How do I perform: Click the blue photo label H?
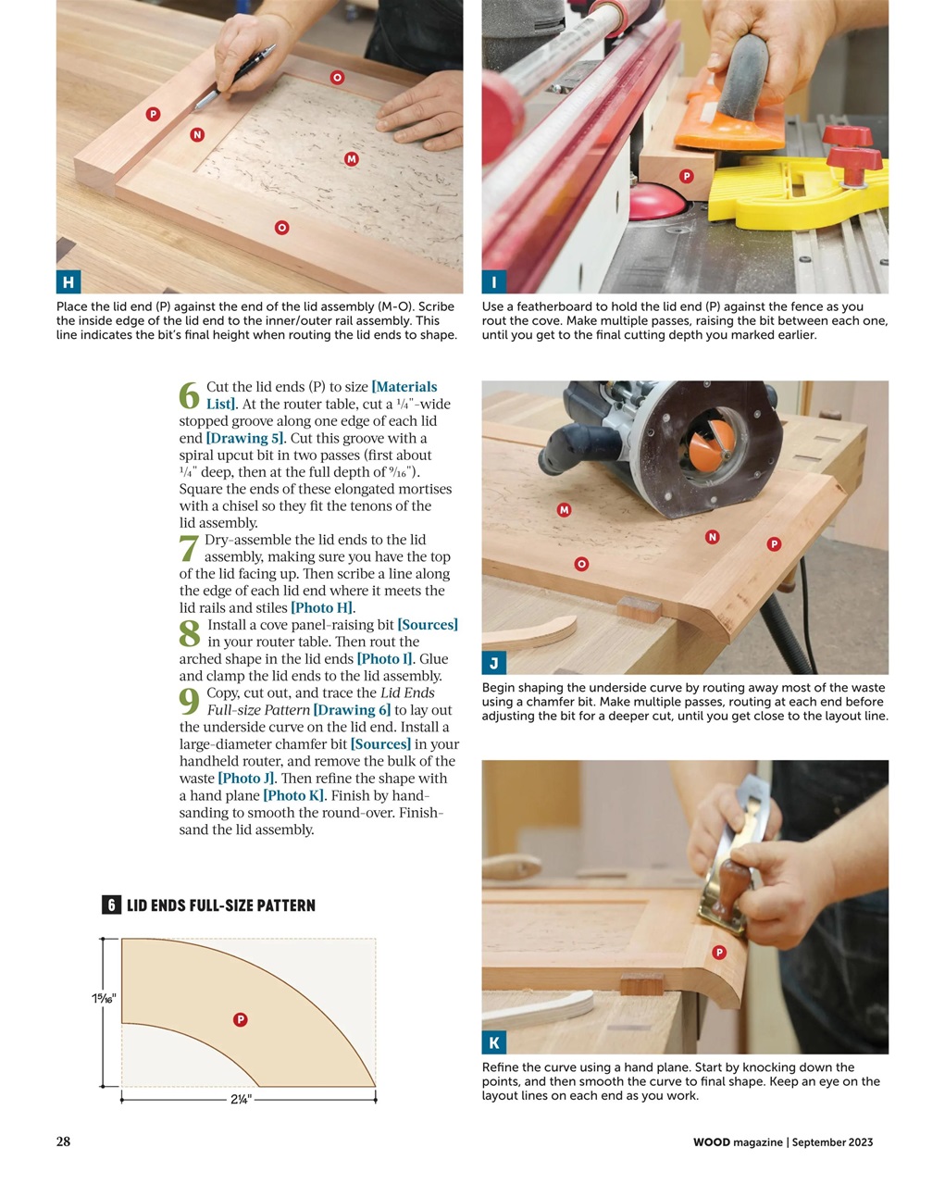68,282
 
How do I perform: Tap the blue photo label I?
494,282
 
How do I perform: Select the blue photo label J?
494,663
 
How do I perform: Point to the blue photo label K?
494,1042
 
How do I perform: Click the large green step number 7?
189,549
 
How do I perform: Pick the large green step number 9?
189,702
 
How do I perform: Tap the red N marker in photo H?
197,135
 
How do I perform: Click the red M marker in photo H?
352,159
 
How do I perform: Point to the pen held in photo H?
237,75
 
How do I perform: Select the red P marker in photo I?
687,176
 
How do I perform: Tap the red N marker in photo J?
712,537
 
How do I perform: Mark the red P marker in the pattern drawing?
240,1019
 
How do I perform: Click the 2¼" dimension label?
241,1100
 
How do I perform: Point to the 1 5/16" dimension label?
104,998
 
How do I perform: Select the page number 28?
63,1141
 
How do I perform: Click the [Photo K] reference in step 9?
293,796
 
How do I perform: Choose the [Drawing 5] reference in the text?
245,439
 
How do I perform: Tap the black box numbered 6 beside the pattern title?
111,905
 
